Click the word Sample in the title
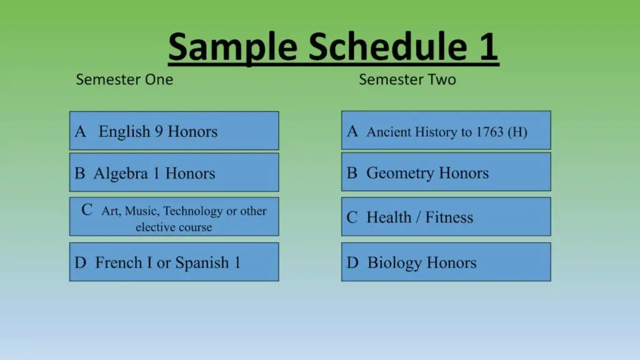click(232, 48)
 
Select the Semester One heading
click(124, 79)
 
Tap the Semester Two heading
click(407, 79)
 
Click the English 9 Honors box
click(174, 131)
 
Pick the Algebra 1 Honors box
click(174, 172)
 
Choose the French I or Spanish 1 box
click(174, 262)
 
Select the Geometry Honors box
click(446, 172)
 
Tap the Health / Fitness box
click(446, 217)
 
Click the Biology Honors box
click(446, 262)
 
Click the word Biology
click(395, 263)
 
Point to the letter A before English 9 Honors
click(81, 131)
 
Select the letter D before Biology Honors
click(352, 262)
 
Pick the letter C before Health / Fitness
click(352, 217)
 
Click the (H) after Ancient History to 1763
click(517, 132)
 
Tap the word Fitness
click(449, 217)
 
